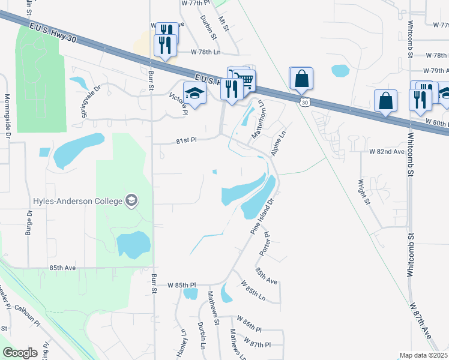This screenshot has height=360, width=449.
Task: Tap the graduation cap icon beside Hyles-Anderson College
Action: pos(131,200)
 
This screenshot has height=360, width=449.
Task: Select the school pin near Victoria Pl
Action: pos(195,94)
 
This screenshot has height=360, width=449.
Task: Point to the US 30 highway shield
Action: pos(305,103)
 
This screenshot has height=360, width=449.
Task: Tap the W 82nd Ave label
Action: pos(388,152)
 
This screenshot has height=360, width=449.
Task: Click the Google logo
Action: pos(20,353)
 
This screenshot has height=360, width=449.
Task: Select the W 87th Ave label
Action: pos(421,324)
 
